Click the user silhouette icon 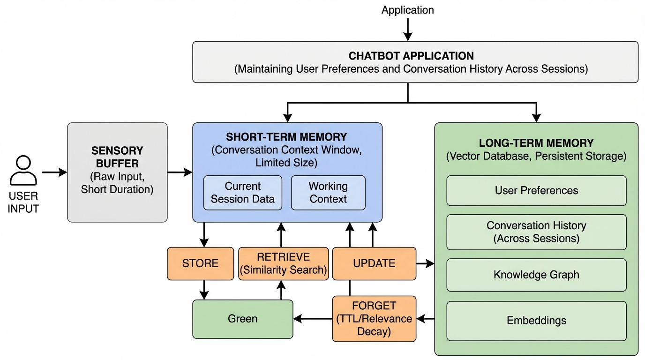pyautogui.click(x=23, y=171)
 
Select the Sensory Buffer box pyautogui.click(x=117, y=172)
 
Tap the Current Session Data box pyautogui.click(x=242, y=193)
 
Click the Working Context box pyautogui.click(x=328, y=193)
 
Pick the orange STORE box pyautogui.click(x=200, y=263)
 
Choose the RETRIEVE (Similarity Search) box pyautogui.click(x=283, y=263)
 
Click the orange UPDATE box pyautogui.click(x=374, y=263)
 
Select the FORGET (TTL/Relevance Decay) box pyautogui.click(x=374, y=319)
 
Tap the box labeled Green pyautogui.click(x=242, y=319)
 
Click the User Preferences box pyautogui.click(x=536, y=191)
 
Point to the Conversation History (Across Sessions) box pyautogui.click(x=536, y=232)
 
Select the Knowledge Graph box pyautogui.click(x=536, y=275)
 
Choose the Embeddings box pyautogui.click(x=536, y=321)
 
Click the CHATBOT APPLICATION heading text pyautogui.click(x=411, y=56)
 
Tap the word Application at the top pyautogui.click(x=407, y=10)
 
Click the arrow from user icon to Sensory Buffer pyautogui.click(x=54, y=172)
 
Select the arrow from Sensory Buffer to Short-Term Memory pyautogui.click(x=180, y=172)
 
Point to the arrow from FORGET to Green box pyautogui.click(x=313, y=319)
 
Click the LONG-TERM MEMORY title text pyautogui.click(x=536, y=143)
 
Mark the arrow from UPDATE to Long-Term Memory pyautogui.click(x=425, y=264)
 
